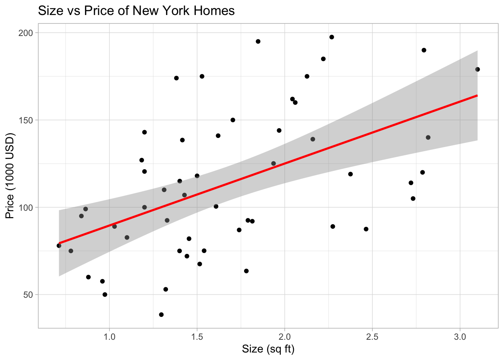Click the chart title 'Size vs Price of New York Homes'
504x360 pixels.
[x=136, y=10]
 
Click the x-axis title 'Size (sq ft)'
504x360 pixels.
[x=268, y=349]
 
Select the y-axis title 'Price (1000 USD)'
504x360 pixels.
[x=10, y=176]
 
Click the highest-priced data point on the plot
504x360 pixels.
[x=332, y=37]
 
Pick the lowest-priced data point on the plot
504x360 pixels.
[x=161, y=315]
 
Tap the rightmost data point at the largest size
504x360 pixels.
[x=477, y=69]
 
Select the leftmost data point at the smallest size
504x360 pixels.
[x=59, y=246]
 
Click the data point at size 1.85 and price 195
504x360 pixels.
[x=258, y=41]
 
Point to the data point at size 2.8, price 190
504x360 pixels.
[x=424, y=50]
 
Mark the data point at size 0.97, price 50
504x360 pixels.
[x=105, y=295]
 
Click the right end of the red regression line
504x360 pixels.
[x=477, y=96]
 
